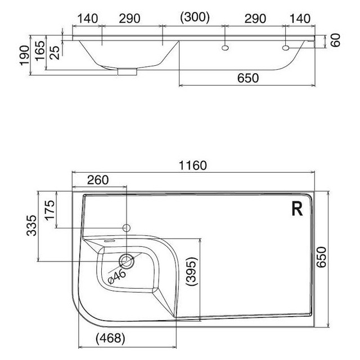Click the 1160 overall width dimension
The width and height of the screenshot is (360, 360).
[192, 165]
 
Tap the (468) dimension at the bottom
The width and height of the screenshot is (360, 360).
[110, 339]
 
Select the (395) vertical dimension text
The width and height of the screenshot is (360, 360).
[191, 271]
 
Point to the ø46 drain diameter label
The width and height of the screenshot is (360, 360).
[117, 277]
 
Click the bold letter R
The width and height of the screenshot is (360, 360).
[297, 209]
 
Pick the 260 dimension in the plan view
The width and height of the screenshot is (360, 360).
[98, 180]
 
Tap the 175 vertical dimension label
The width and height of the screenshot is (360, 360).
[50, 210]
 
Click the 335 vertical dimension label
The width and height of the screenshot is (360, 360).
[31, 226]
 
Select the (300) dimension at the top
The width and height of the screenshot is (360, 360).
[195, 17]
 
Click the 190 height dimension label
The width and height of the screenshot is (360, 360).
[25, 56]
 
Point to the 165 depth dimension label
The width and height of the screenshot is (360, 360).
[40, 51]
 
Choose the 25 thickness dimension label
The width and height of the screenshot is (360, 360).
[55, 53]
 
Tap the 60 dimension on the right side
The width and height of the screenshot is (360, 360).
[336, 40]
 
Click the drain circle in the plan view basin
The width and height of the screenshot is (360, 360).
[126, 261]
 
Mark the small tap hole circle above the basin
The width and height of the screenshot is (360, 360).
[127, 228]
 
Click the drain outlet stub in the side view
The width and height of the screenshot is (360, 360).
[127, 71]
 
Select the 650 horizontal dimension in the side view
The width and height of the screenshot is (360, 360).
[248, 78]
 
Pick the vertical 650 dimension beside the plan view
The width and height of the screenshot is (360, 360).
[321, 257]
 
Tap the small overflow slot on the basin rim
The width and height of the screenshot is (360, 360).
[109, 241]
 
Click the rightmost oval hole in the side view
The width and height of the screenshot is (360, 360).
[286, 48]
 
